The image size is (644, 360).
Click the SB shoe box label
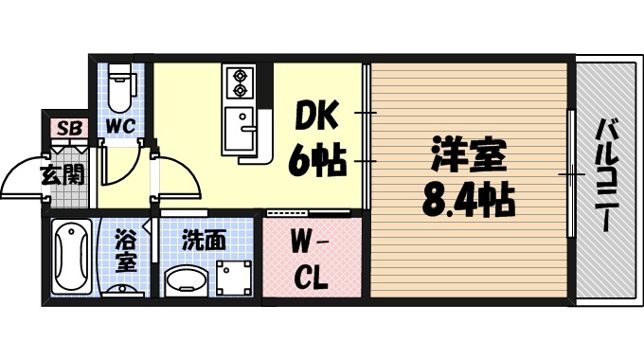tap(69, 128)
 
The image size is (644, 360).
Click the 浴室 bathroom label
tap(125, 250)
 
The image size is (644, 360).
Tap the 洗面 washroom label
tap(204, 240)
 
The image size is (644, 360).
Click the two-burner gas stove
tap(238, 83)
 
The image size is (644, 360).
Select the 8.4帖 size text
tap(467, 200)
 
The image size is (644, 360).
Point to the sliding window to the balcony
tap(571, 176)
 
